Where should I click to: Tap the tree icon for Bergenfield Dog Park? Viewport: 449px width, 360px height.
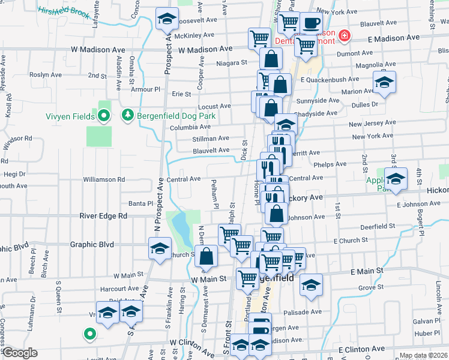pyautogui.click(x=127, y=115)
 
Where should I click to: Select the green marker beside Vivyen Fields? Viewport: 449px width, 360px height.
pyautogui.click(x=103, y=115)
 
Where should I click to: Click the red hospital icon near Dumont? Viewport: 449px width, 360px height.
pyautogui.click(x=345, y=36)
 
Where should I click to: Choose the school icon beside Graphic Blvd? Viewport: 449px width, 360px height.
pyautogui.click(x=160, y=248)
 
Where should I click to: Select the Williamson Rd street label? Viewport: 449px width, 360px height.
pyautogui.click(x=104, y=179)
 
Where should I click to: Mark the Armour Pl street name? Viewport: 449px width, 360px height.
pyautogui.click(x=133, y=89)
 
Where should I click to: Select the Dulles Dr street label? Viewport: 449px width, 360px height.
pyautogui.click(x=354, y=104)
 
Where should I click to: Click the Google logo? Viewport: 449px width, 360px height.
pyautogui.click(x=20, y=353)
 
